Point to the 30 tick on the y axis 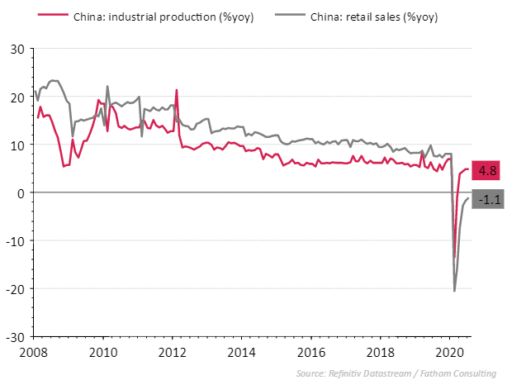[x=16, y=48]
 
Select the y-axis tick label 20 [x=16, y=96]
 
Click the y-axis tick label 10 [x=16, y=145]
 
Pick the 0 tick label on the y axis [x=19, y=192]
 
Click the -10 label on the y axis [x=14, y=240]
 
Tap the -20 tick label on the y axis [x=14, y=289]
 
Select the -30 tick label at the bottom [x=14, y=337]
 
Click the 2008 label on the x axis [x=33, y=351]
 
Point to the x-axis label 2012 [x=172, y=351]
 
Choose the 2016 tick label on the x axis [x=310, y=351]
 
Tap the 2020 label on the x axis [x=449, y=351]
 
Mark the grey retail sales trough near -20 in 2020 [x=454, y=290]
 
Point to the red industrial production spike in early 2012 [x=176, y=90]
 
